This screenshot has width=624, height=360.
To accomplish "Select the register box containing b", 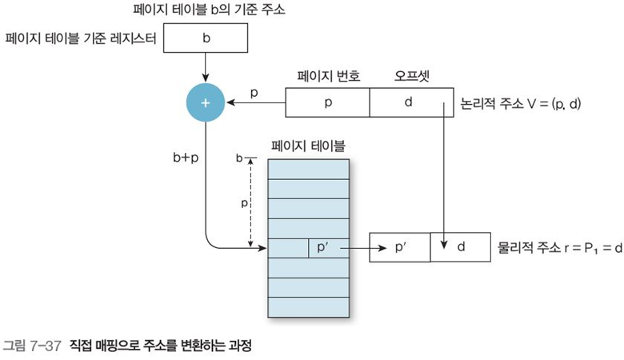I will (206, 38).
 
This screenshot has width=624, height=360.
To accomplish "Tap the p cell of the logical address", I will (328, 103).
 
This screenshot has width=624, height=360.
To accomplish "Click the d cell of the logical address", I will (408, 103).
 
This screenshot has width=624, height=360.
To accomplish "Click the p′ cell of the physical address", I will (401, 248).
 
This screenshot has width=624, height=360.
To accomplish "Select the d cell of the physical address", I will (461, 248).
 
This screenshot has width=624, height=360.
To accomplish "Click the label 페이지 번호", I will (329, 77).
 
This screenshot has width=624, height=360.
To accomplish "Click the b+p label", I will (186, 158).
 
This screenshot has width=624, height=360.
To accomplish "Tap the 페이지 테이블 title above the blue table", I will (309, 146).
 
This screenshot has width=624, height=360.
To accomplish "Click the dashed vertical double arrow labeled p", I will (251, 202).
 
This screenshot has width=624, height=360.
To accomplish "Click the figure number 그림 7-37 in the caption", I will (32, 346).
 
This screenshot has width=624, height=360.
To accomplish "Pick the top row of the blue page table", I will (309, 169).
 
